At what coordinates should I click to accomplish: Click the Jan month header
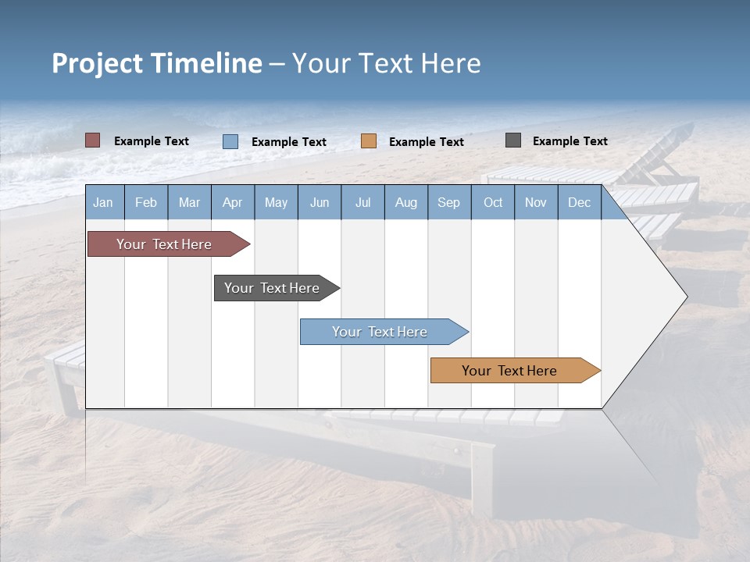(103, 202)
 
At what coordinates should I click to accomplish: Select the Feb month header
(146, 202)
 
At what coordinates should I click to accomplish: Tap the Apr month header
(233, 202)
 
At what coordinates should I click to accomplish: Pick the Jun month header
(320, 202)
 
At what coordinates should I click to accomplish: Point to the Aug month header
(406, 202)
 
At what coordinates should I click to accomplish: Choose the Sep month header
(449, 202)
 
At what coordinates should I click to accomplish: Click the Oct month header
(493, 202)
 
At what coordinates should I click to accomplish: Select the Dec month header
(580, 202)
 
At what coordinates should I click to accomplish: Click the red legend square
(93, 140)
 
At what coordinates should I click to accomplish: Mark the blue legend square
(230, 141)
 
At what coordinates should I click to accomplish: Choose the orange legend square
(369, 140)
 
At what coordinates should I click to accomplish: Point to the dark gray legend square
(513, 140)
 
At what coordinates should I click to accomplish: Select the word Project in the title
(98, 63)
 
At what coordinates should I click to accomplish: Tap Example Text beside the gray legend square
(570, 141)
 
